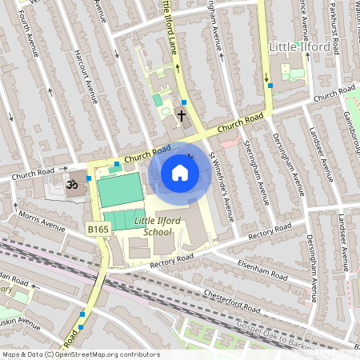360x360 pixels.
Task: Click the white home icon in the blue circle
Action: click(x=180, y=173)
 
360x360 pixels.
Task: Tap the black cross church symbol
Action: click(x=182, y=115)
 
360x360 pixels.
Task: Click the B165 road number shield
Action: click(x=98, y=230)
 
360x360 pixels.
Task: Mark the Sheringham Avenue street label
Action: click(x=258, y=164)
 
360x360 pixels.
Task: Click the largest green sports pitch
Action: click(x=120, y=190)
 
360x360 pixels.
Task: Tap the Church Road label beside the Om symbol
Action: click(x=33, y=171)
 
